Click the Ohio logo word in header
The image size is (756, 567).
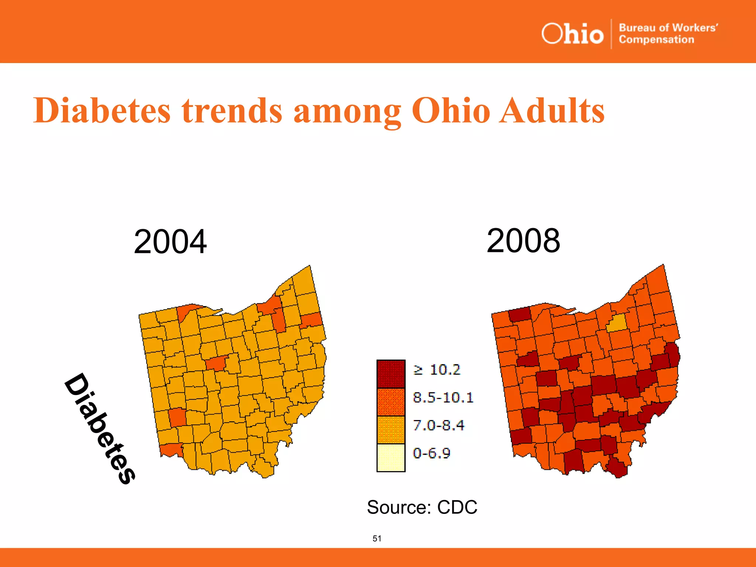pyautogui.click(x=572, y=34)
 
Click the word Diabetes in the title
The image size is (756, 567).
pyautogui.click(x=102, y=110)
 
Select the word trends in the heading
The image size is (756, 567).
pyautogui.click(x=232, y=110)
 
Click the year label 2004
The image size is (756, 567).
pyautogui.click(x=170, y=242)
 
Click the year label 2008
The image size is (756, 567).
pyautogui.click(x=523, y=241)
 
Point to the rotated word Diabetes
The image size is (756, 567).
pyautogui.click(x=100, y=428)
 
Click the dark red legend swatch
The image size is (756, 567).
pyautogui.click(x=391, y=374)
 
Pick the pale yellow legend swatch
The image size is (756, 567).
pyautogui.click(x=391, y=458)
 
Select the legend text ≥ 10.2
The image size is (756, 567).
pyautogui.click(x=437, y=370)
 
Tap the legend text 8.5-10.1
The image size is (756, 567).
pyautogui.click(x=443, y=398)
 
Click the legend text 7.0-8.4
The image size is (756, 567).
pyautogui.click(x=438, y=425)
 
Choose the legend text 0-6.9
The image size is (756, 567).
pyautogui.click(x=431, y=453)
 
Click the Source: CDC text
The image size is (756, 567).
pyautogui.click(x=422, y=507)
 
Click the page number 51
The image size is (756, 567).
pyautogui.click(x=377, y=539)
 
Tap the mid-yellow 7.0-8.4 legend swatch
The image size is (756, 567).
pyautogui.click(x=391, y=430)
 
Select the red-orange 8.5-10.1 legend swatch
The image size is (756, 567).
pyautogui.click(x=391, y=402)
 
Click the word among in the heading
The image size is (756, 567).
pyautogui.click(x=347, y=111)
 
